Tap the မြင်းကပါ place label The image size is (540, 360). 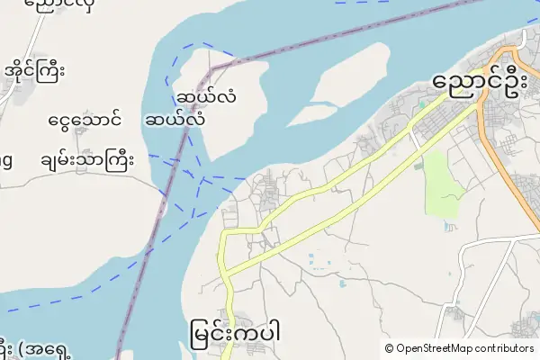coord(237,329)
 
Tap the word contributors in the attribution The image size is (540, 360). coord(505,348)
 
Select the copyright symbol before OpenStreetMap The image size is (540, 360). coord(389,348)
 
